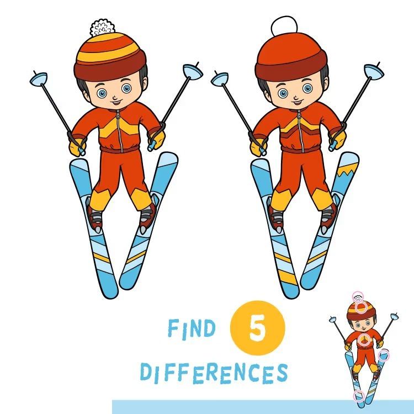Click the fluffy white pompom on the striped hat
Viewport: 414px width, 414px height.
[103, 28]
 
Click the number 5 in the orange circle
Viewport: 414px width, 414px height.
[257, 328]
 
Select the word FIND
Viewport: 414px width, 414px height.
[192, 328]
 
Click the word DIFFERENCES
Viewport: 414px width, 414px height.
[214, 373]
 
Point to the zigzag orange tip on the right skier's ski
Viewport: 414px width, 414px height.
[347, 172]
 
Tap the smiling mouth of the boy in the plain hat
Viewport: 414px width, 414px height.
[298, 102]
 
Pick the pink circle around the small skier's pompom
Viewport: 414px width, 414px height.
[358, 297]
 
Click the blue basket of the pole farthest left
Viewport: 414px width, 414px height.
[39, 78]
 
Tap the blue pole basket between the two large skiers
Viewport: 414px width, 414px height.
[220, 79]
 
